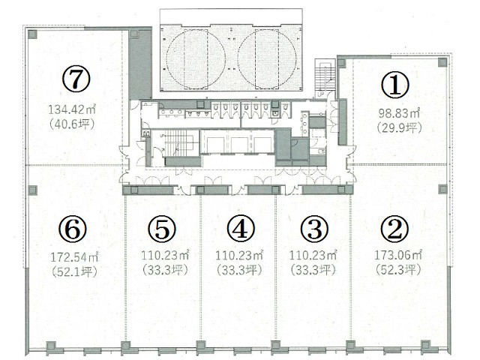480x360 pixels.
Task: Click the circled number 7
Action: click(76, 79)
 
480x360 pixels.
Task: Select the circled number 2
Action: click(395, 229)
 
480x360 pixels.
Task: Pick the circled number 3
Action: click(314, 229)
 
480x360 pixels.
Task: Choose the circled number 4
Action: click(241, 229)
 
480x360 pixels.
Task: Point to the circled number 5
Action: click(162, 229)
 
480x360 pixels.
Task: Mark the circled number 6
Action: click(73, 229)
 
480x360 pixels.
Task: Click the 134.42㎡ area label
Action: click(72, 109)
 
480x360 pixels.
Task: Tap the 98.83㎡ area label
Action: click(399, 113)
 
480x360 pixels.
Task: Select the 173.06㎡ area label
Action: click(398, 255)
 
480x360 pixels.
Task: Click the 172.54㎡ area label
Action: click(74, 256)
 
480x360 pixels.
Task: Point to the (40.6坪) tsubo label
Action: click(72, 124)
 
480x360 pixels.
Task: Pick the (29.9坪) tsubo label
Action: click(399, 127)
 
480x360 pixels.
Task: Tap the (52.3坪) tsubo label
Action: click(398, 270)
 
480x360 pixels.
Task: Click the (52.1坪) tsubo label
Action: click(74, 271)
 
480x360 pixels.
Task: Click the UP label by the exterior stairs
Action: click(320, 94)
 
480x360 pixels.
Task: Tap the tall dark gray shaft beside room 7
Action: click(140, 64)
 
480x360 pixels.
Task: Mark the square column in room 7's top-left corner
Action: click(32, 34)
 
